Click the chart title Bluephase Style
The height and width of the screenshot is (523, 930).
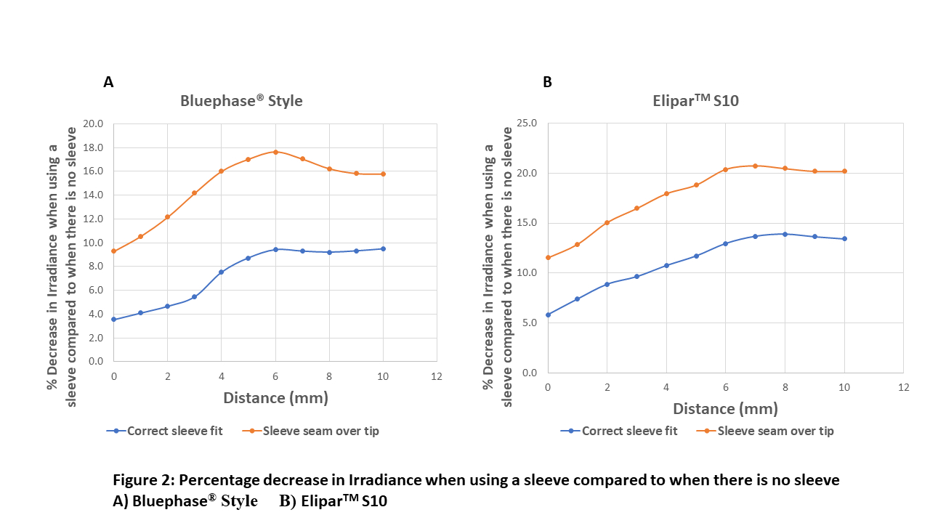[241, 101]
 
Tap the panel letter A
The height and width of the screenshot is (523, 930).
[108, 82]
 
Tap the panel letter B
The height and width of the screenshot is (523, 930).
[547, 82]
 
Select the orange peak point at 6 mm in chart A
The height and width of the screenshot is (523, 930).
[275, 152]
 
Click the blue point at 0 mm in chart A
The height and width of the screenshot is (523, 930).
[114, 319]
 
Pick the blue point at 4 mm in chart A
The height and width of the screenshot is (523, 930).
[221, 272]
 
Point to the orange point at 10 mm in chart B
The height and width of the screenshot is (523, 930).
[844, 171]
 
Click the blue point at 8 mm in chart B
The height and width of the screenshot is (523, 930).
[785, 234]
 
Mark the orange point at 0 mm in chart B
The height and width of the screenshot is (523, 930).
[548, 258]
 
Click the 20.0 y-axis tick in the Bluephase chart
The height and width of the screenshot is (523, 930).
[96, 123]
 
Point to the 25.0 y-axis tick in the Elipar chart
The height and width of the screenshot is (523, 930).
[527, 123]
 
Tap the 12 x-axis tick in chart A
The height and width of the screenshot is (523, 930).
[437, 376]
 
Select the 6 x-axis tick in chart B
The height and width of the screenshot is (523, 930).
[725, 388]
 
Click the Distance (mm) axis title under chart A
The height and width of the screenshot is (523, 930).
[275, 397]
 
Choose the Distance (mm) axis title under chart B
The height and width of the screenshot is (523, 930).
[716, 409]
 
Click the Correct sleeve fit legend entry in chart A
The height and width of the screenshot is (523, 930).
[174, 431]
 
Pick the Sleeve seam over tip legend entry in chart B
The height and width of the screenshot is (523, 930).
[775, 431]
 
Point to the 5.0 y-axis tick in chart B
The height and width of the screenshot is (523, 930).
[530, 323]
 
